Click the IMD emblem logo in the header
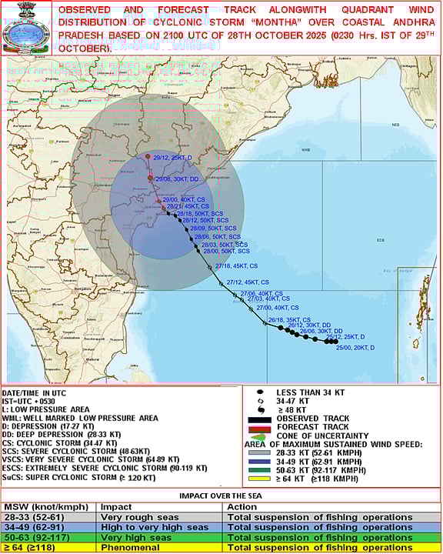(x=24, y=28)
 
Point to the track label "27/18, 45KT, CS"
(x=236, y=265)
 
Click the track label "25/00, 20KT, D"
(x=355, y=348)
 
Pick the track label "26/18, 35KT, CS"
(x=289, y=319)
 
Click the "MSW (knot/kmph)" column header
(x=41, y=507)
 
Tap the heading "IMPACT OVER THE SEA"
(x=221, y=496)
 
